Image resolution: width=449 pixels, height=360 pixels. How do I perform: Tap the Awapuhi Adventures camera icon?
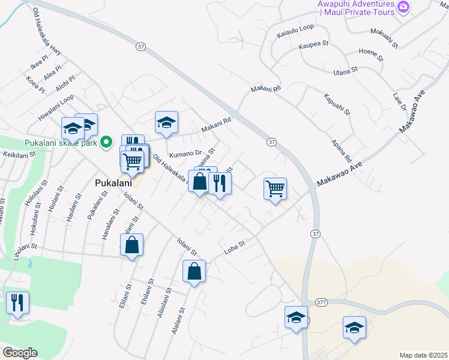(x=403, y=7)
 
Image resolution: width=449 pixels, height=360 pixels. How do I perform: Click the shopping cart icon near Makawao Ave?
(x=275, y=189)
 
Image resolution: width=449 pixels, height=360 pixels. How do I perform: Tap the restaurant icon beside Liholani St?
(x=17, y=302)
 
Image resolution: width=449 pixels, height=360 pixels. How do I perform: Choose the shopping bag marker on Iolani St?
(x=132, y=245)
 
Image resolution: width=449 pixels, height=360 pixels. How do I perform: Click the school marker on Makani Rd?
(x=166, y=123)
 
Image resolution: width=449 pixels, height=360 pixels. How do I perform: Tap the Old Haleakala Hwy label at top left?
(x=47, y=31)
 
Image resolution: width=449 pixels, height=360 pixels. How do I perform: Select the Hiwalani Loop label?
(x=56, y=107)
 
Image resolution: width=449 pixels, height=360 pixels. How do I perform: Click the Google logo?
(x=20, y=353)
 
